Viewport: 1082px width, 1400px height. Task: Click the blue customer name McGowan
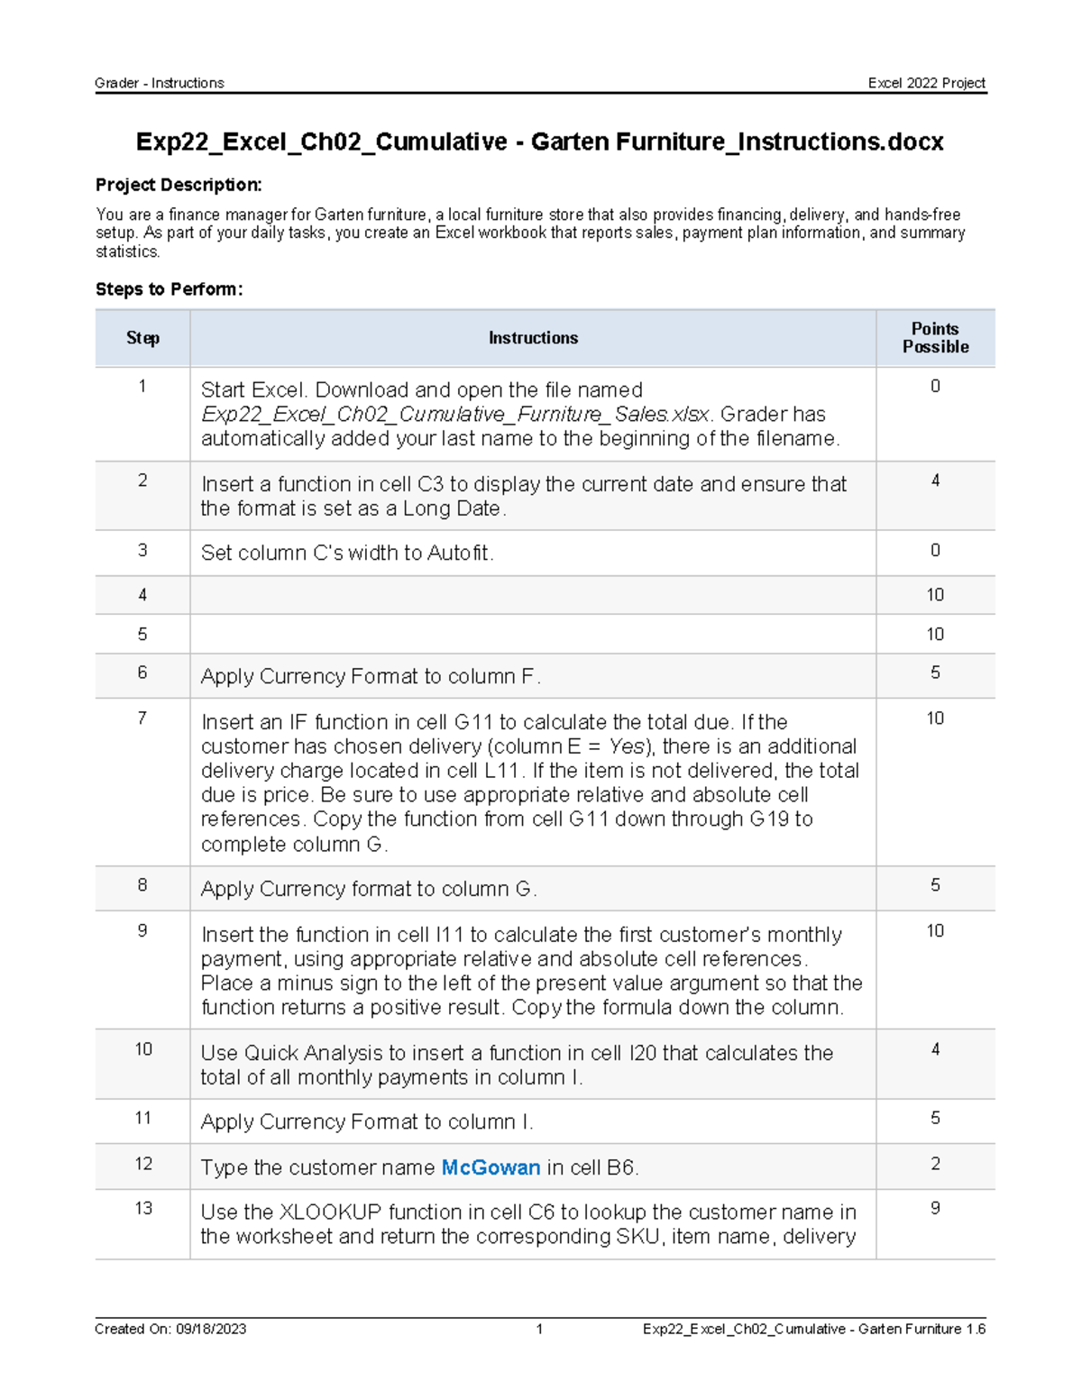point(491,1167)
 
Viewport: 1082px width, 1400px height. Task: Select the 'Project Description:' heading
point(179,185)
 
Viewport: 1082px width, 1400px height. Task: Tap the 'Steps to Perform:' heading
point(170,289)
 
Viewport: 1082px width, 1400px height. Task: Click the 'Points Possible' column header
point(935,338)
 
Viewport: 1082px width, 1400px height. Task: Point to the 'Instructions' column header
point(533,338)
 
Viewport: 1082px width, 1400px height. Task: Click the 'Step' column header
point(142,338)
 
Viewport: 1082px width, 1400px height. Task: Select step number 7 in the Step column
point(142,718)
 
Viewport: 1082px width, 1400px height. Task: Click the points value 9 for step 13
point(935,1208)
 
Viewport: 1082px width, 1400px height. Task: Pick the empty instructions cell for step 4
point(533,595)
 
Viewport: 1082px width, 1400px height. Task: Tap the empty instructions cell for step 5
point(533,635)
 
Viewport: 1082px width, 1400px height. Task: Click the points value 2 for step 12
point(935,1164)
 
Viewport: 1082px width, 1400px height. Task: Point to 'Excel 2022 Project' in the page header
point(926,83)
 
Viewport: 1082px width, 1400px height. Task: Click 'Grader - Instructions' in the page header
point(160,83)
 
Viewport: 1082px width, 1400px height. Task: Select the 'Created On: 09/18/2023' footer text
point(170,1329)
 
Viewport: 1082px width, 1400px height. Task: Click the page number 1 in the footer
point(539,1329)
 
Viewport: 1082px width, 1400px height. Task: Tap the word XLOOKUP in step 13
point(331,1212)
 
